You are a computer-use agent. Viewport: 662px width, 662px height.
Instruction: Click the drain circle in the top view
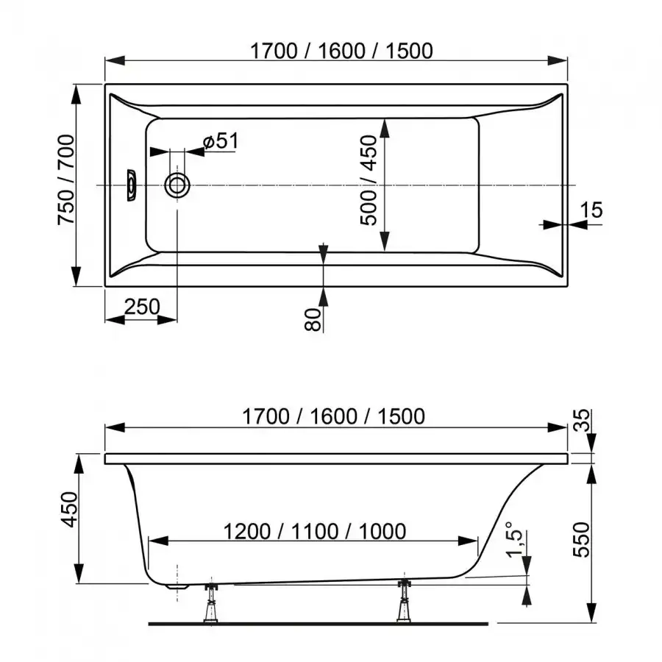177,185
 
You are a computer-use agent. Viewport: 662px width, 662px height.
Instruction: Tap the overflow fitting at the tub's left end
131,185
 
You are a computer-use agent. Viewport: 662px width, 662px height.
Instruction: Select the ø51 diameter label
221,140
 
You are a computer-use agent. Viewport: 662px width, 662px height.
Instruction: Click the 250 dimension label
142,307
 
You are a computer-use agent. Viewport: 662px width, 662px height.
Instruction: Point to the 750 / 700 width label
66,180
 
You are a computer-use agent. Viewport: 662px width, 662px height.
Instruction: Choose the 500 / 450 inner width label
369,180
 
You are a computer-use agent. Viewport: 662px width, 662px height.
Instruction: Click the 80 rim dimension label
313,319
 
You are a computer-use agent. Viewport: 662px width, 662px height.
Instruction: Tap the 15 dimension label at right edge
591,210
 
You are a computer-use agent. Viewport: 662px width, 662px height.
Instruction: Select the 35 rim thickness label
583,420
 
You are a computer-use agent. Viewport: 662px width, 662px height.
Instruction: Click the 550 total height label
581,540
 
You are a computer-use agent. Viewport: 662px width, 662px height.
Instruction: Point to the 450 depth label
70,510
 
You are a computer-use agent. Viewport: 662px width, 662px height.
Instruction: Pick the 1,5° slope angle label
515,540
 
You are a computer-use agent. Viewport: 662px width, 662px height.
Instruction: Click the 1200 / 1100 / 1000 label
315,531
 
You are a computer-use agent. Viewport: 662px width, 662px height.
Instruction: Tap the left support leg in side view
210,602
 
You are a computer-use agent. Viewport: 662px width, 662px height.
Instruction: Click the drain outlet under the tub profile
177,586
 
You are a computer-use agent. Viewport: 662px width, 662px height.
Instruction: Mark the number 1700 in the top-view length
274,51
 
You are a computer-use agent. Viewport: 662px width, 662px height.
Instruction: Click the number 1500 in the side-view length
401,416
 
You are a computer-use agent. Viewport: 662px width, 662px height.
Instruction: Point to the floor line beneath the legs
318,624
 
